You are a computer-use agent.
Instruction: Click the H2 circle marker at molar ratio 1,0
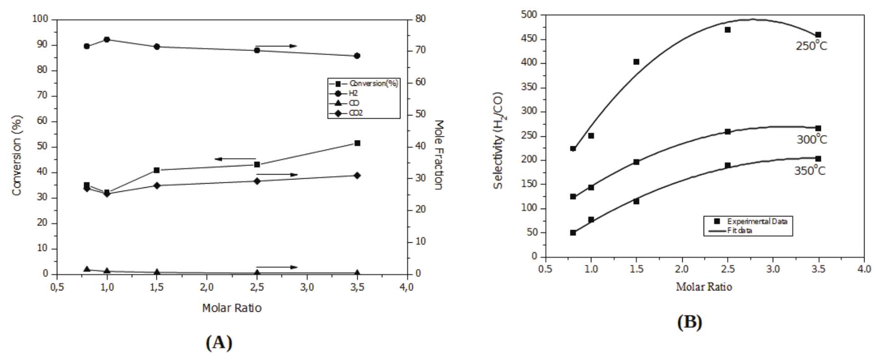coord(107,40)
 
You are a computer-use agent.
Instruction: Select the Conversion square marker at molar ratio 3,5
coord(357,143)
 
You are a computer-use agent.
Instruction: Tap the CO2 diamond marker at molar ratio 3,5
coord(357,175)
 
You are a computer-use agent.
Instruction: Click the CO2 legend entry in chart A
coord(356,113)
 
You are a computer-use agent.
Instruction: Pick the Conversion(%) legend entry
coord(373,84)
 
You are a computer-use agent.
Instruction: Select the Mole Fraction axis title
coord(439,155)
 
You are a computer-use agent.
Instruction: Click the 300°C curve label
coord(812,140)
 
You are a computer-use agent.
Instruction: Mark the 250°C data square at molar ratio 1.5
coord(636,62)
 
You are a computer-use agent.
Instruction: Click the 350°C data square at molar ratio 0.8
coord(573,233)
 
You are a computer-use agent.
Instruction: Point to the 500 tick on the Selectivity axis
coord(530,15)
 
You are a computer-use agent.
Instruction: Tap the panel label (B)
coord(690,322)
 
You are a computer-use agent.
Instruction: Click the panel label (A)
coord(219,342)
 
